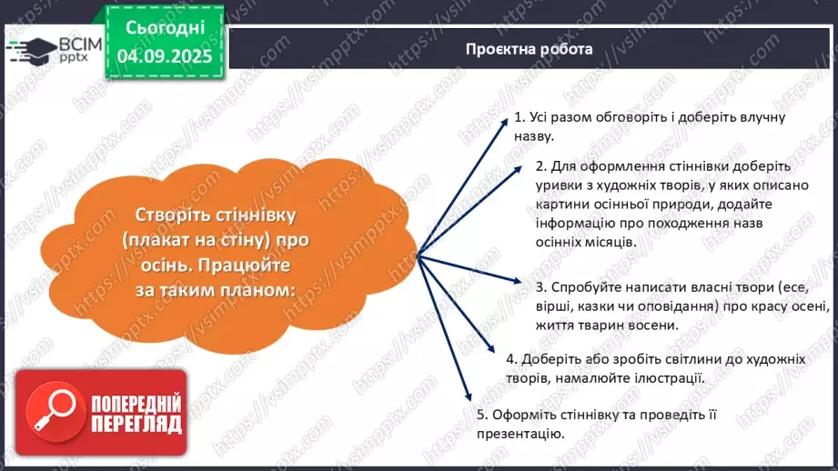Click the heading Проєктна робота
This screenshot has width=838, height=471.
tap(528, 49)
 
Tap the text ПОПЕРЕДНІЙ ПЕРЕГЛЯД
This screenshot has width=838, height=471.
tap(136, 414)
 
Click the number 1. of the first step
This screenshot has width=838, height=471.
tap(520, 118)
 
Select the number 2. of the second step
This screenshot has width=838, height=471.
tap(541, 167)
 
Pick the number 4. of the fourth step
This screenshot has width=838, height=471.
tap(511, 358)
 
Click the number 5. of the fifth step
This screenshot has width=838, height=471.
tap(482, 415)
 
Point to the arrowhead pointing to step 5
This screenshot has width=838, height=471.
tap(469, 395)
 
